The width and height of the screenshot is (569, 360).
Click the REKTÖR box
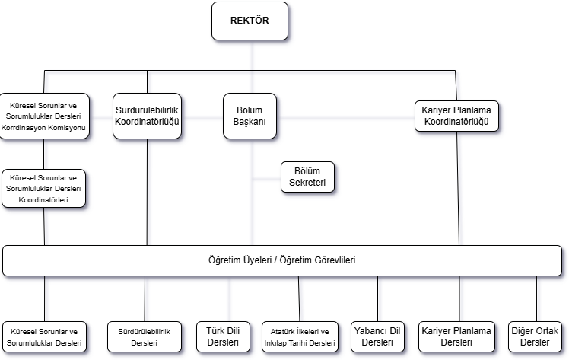(250, 21)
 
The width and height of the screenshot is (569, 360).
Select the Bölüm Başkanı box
(250, 116)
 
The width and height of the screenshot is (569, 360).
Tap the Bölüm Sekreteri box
(307, 177)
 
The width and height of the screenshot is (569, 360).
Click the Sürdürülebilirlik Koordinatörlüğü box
(147, 116)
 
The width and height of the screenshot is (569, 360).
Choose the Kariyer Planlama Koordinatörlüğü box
(456, 116)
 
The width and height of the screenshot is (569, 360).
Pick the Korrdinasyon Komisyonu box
(44, 116)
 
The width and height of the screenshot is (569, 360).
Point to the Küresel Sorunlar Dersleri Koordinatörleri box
(43, 189)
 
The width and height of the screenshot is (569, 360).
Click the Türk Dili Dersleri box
(223, 336)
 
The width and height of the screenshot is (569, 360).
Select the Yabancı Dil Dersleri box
(377, 336)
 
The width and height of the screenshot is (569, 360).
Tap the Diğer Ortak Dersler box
(535, 336)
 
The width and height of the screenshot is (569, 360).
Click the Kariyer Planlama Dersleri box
(456, 336)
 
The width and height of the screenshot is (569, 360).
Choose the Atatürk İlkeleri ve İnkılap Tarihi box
(300, 336)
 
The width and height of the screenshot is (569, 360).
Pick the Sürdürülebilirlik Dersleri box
(144, 336)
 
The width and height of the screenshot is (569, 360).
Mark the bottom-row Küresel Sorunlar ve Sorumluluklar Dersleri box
(44, 336)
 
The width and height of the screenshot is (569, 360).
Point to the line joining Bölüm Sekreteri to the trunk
(265, 177)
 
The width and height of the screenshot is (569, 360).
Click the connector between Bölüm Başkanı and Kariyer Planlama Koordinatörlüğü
(345, 116)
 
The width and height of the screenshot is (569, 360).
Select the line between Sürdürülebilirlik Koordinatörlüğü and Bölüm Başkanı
(202, 116)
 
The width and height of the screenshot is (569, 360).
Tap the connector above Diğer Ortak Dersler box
(537, 298)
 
